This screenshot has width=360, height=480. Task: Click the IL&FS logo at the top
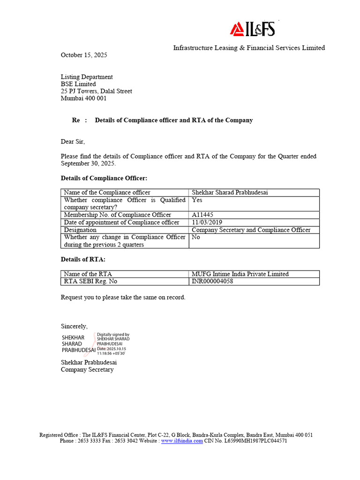(x=252, y=30)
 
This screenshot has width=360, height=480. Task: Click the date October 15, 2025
(x=84, y=55)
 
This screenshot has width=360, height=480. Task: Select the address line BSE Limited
(x=78, y=84)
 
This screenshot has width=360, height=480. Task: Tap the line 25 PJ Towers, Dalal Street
(x=97, y=91)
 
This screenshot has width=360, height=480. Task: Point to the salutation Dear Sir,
(x=73, y=142)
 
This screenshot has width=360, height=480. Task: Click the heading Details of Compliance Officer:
(x=104, y=178)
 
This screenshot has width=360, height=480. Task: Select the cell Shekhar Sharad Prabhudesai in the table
(x=230, y=193)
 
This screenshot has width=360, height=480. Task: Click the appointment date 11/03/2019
(x=207, y=222)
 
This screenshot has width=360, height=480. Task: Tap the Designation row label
(x=80, y=230)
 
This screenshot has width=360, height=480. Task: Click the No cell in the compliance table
(x=196, y=237)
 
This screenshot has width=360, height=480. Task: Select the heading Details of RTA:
(x=83, y=259)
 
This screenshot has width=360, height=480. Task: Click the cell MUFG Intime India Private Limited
(x=240, y=274)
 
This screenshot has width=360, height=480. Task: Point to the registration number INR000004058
(x=212, y=281)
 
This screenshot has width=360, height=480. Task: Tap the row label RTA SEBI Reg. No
(x=90, y=281)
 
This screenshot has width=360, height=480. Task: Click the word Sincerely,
(x=74, y=326)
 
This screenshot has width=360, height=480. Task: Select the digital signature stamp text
(x=113, y=344)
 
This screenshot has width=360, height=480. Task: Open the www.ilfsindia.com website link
(x=182, y=441)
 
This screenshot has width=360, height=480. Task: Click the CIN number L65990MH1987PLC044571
(x=256, y=441)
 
